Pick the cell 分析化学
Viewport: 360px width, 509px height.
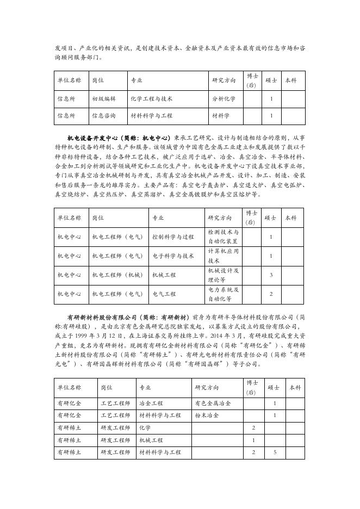(x=224, y=99)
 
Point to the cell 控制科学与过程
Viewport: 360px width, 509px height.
(x=172, y=237)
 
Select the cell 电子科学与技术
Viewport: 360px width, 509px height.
(x=172, y=256)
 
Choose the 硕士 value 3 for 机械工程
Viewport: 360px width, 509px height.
(x=271, y=275)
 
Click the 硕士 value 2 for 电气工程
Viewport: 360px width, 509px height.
(x=271, y=294)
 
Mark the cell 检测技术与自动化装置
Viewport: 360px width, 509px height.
(x=223, y=237)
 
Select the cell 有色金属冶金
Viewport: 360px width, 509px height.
(x=213, y=404)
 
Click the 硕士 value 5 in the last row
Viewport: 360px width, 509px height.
(x=275, y=452)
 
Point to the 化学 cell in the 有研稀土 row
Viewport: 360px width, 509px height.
(x=145, y=428)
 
